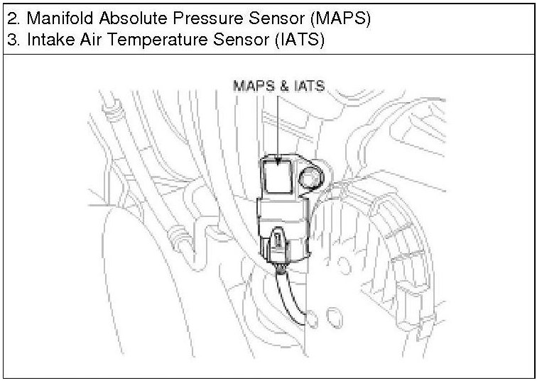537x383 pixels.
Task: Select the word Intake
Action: coord(47,40)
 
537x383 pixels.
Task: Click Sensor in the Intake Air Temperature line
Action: coord(232,40)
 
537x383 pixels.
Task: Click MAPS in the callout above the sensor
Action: coord(249,87)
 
